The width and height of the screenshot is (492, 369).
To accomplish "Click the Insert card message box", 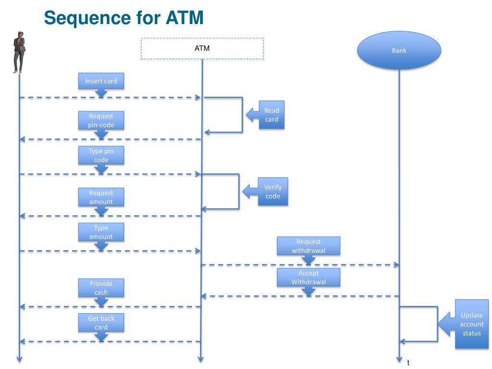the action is pos(101,81).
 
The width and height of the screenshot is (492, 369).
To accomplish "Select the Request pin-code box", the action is pos(101,120).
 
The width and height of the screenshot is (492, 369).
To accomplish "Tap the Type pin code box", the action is pos(101,155).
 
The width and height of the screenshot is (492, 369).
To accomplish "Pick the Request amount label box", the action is pos(101,197).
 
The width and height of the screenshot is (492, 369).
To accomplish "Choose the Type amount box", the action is pos(101,232).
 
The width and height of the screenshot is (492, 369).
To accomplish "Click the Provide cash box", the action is pos(101,288).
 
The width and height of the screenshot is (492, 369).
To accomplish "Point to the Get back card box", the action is pos(101,322).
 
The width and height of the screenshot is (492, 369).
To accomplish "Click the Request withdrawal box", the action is pos(308,246).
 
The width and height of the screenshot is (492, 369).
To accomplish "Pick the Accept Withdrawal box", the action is pos(308,278).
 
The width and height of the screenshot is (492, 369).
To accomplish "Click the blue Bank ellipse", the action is pos(399,50).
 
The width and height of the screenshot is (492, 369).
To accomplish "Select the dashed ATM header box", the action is pos(202,48).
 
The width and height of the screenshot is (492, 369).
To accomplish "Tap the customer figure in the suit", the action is pos(19,52).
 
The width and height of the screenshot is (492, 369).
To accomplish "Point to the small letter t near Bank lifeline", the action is pos(408,363).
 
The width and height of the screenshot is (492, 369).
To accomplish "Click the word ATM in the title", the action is pos(185,17).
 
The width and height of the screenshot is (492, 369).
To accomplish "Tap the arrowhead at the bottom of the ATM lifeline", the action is pos(201,359).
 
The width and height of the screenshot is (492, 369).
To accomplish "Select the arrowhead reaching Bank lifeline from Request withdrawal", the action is pos(397,265).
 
